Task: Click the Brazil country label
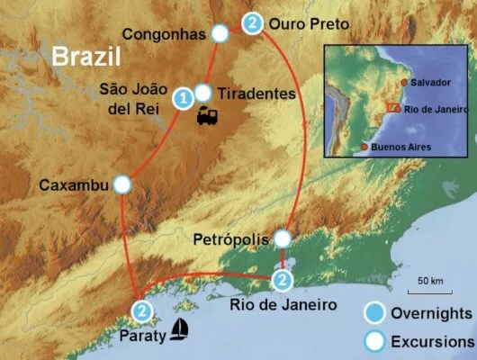click(x=85, y=57)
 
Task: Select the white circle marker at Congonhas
click(x=220, y=34)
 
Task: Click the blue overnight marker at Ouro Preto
click(x=254, y=22)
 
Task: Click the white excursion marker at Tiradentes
click(x=203, y=93)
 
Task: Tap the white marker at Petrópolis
click(x=283, y=238)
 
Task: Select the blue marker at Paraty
click(x=141, y=311)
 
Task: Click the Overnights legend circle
click(x=377, y=313)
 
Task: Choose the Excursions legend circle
click(x=377, y=342)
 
